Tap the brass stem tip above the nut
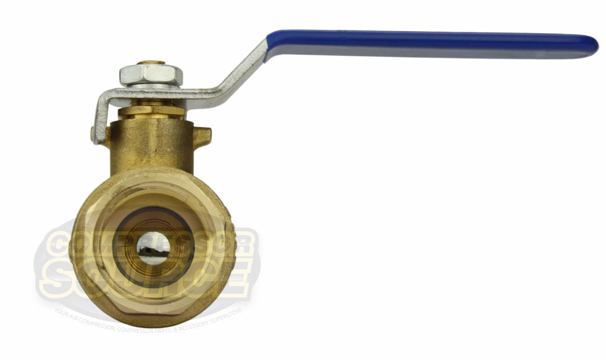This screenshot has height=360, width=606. pyautogui.click(x=151, y=62)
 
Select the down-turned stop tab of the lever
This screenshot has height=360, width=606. pyautogui.click(x=99, y=118)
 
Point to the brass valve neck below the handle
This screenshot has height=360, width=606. pyautogui.click(x=151, y=142)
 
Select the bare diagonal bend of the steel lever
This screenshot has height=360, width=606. pyautogui.click(x=237, y=76)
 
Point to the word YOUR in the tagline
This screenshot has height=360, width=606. pyautogui.click(x=62, y=311)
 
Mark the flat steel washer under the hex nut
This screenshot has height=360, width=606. pyautogui.click(x=151, y=86)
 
